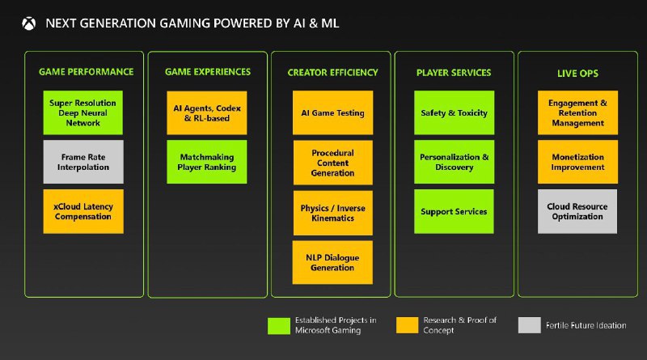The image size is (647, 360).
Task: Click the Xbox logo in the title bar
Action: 28,23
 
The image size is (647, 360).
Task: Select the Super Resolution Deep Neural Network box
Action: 83,112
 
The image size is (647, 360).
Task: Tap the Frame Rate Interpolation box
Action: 83,162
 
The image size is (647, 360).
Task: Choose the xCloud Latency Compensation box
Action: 83,211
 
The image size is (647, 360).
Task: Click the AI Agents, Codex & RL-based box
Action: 207,112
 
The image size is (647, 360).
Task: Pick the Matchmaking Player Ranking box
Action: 207,162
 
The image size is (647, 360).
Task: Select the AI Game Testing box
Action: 332,112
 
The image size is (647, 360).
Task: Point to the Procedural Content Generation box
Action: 332,162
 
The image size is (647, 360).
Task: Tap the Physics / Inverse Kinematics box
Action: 332,213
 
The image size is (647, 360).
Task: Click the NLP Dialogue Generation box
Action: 332,262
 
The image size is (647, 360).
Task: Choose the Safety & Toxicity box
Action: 454,112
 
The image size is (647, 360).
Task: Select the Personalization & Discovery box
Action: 454,162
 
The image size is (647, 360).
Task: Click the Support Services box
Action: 454,211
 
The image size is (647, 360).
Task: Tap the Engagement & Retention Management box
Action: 577,112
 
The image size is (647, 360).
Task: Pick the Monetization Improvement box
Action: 577,162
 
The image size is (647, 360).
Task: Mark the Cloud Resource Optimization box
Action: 577,211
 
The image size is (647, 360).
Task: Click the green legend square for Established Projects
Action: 278,325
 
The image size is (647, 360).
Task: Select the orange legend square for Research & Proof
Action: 407,325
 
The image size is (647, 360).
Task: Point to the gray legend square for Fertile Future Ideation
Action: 530,325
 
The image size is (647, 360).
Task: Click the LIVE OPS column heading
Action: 577,74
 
